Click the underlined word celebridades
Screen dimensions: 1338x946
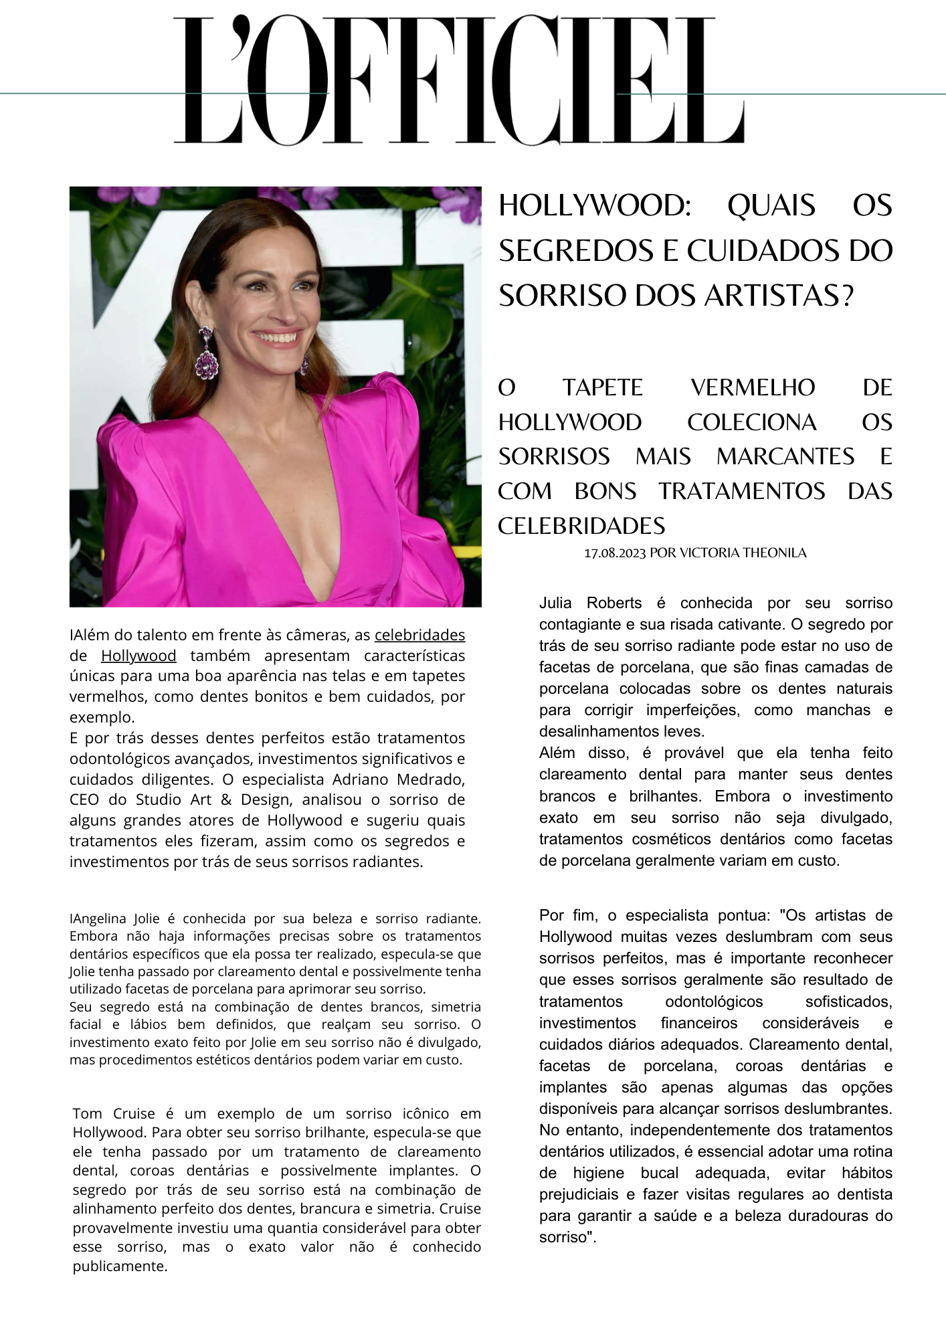(x=419, y=634)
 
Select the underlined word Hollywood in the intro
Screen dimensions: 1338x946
(x=138, y=656)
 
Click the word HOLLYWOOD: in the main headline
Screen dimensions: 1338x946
(x=595, y=205)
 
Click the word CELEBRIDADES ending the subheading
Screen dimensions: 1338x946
(x=581, y=526)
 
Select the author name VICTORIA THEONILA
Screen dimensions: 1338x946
(x=743, y=553)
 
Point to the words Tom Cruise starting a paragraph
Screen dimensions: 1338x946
(x=113, y=1114)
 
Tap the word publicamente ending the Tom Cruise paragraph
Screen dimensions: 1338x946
(x=119, y=1266)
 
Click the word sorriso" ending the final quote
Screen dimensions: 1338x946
(x=567, y=1237)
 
